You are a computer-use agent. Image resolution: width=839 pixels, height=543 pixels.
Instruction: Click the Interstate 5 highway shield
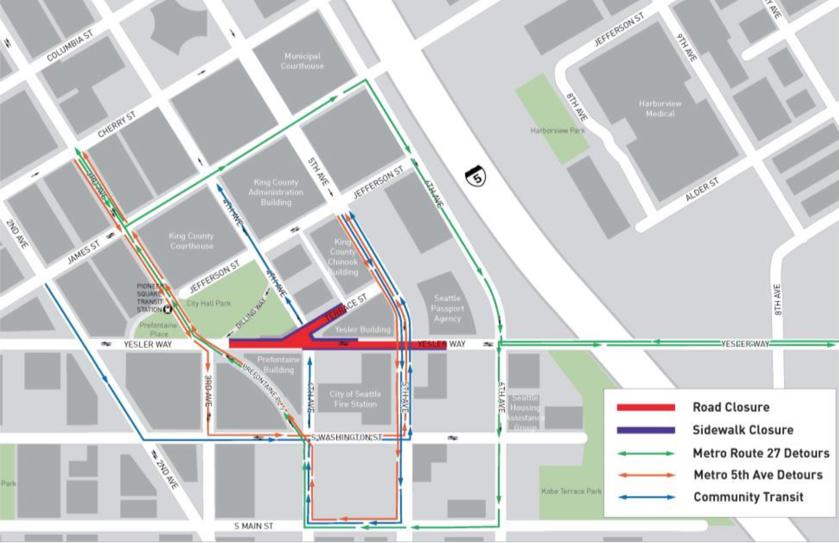click(476, 176)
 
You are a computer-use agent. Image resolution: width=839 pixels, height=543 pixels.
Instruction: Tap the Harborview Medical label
click(660, 109)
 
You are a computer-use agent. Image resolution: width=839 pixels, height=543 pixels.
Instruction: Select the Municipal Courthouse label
click(302, 61)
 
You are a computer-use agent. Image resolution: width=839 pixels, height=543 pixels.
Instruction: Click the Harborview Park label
click(557, 130)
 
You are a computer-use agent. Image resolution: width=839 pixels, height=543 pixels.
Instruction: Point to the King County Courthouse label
click(191, 241)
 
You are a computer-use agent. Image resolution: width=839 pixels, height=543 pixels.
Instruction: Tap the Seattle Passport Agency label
click(447, 308)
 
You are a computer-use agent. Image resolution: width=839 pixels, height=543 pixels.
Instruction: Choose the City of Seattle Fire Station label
click(355, 399)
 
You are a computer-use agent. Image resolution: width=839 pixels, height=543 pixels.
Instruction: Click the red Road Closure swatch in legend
click(646, 407)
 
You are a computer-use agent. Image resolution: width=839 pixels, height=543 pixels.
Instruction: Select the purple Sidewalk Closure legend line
click(646, 430)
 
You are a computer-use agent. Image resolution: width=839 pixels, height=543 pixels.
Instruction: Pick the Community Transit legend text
click(748, 497)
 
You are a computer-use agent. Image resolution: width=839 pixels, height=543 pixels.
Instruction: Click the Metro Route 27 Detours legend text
click(761, 453)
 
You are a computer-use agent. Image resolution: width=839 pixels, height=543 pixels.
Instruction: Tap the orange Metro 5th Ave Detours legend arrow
click(646, 475)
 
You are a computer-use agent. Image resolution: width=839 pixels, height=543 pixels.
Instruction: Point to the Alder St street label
click(702, 189)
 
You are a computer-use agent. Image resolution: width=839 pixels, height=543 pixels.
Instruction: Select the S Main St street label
click(253, 526)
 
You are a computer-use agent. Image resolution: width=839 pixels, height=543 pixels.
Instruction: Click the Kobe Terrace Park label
click(571, 491)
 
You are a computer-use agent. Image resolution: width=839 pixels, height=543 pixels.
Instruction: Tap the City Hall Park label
click(208, 304)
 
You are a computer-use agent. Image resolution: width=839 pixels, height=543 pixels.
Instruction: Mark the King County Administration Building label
click(276, 192)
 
